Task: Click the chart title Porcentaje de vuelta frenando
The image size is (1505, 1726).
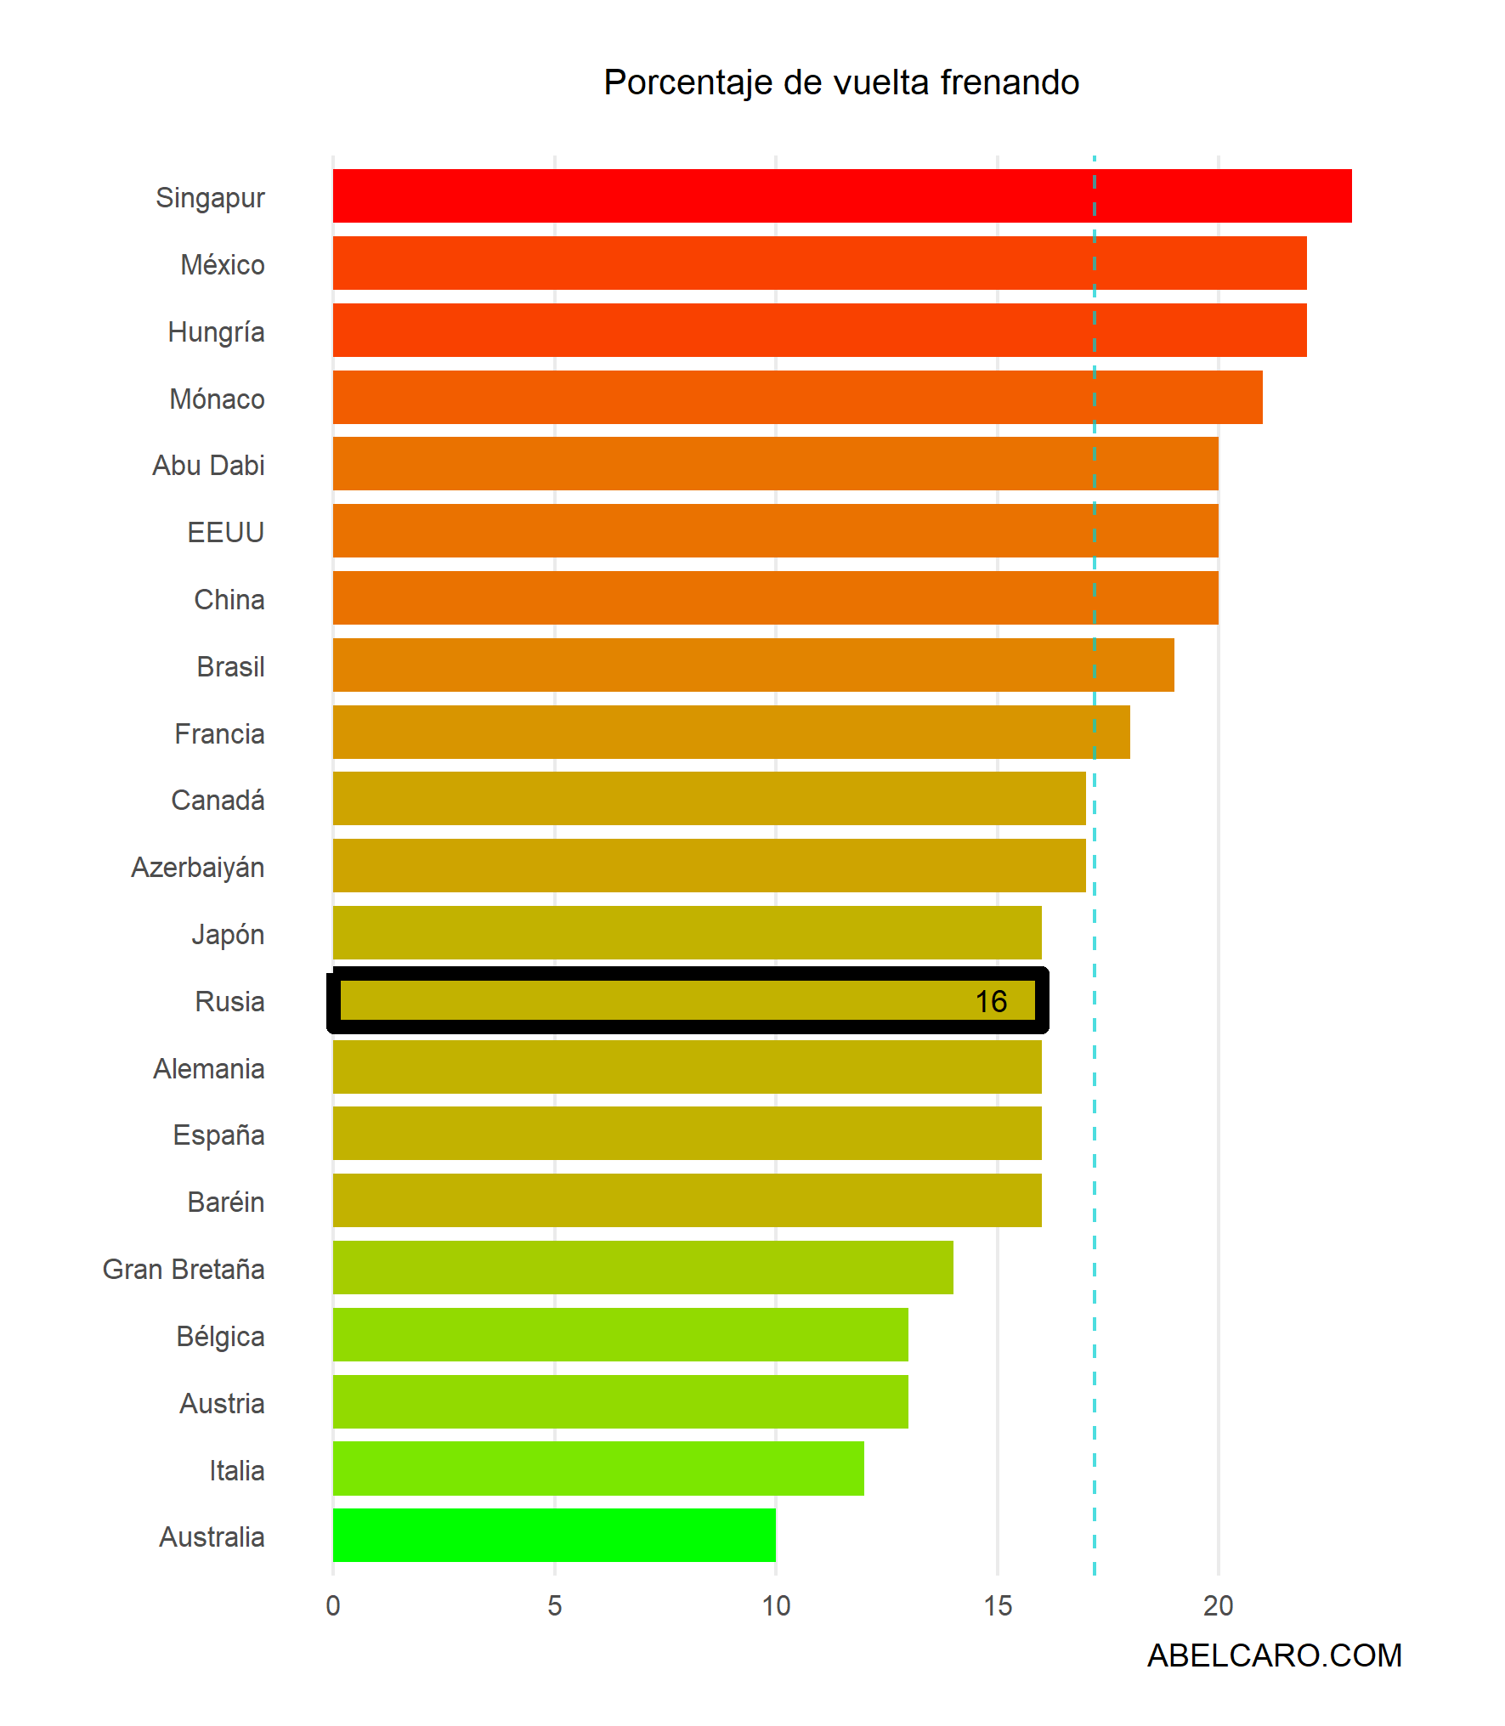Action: pyautogui.click(x=840, y=82)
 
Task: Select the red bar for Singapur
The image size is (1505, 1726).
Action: pyautogui.click(x=841, y=195)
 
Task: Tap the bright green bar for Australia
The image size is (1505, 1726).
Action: pyautogui.click(x=554, y=1535)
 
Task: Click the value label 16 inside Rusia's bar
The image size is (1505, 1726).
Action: pyautogui.click(x=990, y=1001)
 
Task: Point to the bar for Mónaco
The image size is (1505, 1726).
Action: pyautogui.click(x=797, y=397)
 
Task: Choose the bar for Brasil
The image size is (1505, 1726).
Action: pyautogui.click(x=753, y=665)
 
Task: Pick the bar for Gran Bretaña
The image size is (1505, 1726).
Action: pyautogui.click(x=642, y=1267)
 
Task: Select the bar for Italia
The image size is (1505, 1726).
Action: pyautogui.click(x=598, y=1468)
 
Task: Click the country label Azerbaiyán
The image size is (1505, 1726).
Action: pyautogui.click(x=198, y=868)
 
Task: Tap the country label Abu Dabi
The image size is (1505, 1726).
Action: pyautogui.click(x=208, y=466)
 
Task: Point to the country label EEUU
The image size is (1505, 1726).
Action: pyautogui.click(x=225, y=533)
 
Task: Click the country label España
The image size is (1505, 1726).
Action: pyautogui.click(x=218, y=1135)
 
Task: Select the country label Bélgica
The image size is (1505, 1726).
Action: pyautogui.click(x=220, y=1337)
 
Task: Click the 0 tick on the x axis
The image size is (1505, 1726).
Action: pyautogui.click(x=333, y=1605)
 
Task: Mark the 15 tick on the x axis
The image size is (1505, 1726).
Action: pyautogui.click(x=997, y=1605)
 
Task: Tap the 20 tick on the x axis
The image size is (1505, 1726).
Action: pyautogui.click(x=1218, y=1605)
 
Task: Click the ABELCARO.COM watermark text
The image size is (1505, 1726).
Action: pyautogui.click(x=1274, y=1655)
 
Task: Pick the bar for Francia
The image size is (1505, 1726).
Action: pyautogui.click(x=731, y=732)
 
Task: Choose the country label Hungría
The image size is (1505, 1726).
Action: pyautogui.click(x=216, y=331)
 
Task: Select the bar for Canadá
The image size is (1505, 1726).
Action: pyautogui.click(x=709, y=798)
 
